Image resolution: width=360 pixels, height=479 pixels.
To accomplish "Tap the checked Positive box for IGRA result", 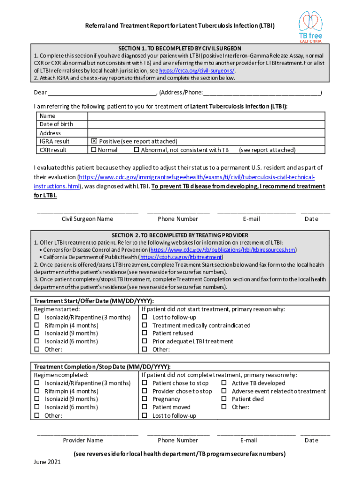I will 94,141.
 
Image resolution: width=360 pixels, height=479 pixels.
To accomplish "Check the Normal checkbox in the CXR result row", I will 94,150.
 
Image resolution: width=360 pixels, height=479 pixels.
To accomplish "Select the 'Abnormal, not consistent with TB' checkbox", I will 137,150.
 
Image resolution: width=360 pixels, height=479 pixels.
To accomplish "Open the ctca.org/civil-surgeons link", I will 196,71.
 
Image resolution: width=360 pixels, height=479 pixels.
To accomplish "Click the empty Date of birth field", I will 206,124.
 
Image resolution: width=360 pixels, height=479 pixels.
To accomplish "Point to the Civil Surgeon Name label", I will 87,218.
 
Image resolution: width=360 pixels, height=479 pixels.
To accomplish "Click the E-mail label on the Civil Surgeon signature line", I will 251,218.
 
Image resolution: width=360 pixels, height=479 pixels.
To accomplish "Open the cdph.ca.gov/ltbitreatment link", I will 181,257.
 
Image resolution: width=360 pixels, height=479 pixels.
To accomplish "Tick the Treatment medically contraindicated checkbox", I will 144,326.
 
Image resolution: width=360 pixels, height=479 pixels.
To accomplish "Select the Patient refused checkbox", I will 144,334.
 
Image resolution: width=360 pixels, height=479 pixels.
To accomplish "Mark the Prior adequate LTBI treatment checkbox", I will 144,341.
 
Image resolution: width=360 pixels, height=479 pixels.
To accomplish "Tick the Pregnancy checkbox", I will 144,399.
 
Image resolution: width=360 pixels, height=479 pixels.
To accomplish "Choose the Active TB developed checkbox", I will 224,383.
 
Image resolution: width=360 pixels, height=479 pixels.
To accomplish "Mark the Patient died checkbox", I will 224,399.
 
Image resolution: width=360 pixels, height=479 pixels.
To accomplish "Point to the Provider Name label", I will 83,440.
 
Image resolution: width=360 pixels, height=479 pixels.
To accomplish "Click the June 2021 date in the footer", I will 47,462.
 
